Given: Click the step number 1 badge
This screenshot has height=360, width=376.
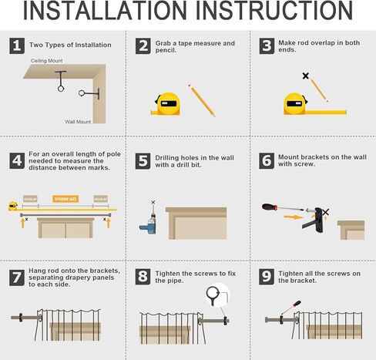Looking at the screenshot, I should [17, 45].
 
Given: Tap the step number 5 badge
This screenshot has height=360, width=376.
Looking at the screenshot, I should [143, 161].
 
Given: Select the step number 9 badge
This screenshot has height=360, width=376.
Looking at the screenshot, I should [267, 276].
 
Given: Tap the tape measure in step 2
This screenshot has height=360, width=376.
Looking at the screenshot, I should [166, 103].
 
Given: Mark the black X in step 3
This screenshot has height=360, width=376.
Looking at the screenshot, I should [306, 76].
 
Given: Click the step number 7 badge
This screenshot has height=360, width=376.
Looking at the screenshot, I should [17, 276].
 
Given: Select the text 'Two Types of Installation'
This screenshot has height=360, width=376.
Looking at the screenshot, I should [70, 45].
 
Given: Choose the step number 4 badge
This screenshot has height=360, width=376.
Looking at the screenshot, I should [17, 160].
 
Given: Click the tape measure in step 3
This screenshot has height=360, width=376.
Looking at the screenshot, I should [296, 103].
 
